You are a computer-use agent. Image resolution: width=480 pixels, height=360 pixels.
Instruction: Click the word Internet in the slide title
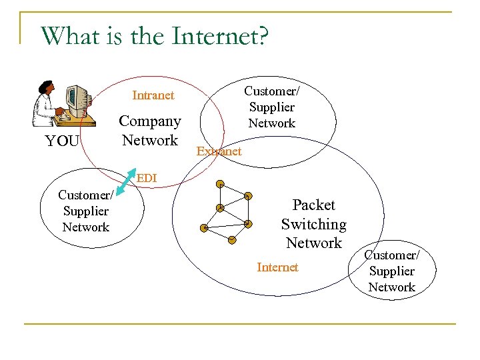(x=213, y=36)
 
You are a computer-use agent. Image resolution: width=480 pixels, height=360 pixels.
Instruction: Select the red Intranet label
(x=153, y=95)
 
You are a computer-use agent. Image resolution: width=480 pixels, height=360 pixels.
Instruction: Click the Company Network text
(x=150, y=131)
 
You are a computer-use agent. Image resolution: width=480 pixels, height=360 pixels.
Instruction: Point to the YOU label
(x=61, y=141)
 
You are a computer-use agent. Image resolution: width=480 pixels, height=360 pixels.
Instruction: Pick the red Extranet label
(x=219, y=151)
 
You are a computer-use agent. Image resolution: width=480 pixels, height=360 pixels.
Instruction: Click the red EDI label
(x=147, y=178)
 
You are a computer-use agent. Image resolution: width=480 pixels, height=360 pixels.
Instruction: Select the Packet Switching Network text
(x=313, y=224)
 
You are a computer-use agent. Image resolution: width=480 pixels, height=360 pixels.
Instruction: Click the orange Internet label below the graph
(x=277, y=267)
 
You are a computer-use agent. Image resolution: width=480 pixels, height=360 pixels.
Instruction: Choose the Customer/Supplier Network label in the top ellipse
(x=271, y=107)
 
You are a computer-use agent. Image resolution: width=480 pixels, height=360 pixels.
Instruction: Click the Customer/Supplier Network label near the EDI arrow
(x=85, y=211)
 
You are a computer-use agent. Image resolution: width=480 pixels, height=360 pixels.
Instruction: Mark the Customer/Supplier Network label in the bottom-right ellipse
(x=391, y=271)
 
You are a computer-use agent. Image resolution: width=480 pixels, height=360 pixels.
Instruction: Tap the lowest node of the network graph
(x=231, y=239)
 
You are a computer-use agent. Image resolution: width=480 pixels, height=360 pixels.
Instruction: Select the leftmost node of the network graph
(x=205, y=229)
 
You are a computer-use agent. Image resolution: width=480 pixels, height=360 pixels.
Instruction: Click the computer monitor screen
(x=74, y=98)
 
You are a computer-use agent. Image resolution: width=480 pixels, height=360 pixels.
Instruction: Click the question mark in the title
(x=261, y=36)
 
